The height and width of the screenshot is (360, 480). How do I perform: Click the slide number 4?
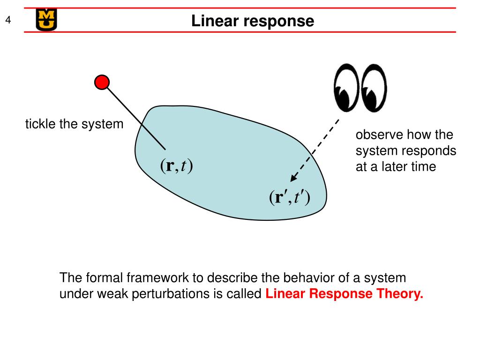click(x=8, y=20)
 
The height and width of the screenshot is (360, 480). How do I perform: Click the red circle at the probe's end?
click(x=102, y=82)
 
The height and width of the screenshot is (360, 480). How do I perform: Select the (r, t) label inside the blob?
click(x=177, y=165)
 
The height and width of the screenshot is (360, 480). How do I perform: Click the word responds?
click(x=432, y=151)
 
